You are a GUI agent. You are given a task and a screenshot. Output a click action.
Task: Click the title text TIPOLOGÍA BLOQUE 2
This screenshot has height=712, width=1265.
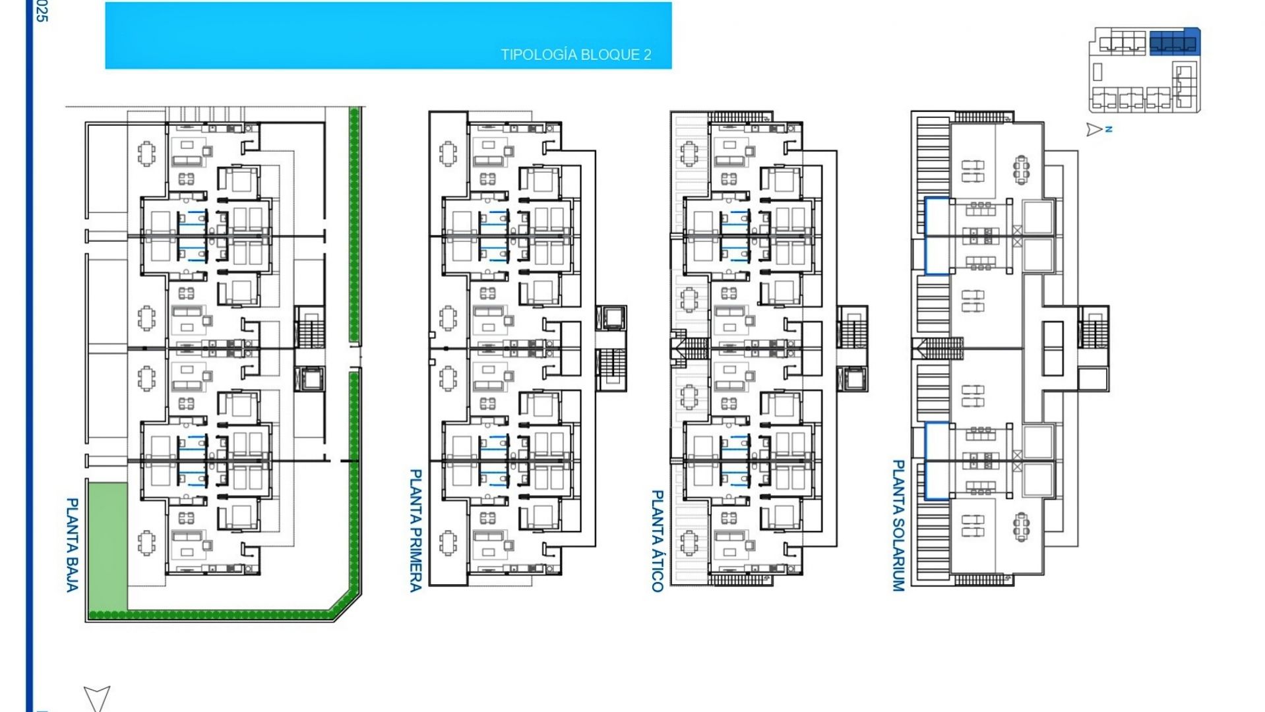pyautogui.click(x=575, y=55)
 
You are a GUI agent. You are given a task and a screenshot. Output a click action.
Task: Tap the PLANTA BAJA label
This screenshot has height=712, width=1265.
pyautogui.click(x=73, y=545)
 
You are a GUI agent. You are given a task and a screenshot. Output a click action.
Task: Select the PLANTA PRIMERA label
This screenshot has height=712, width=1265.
pyautogui.click(x=416, y=530)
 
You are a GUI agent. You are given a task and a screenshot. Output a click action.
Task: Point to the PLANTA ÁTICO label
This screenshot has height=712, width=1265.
pyautogui.click(x=657, y=541)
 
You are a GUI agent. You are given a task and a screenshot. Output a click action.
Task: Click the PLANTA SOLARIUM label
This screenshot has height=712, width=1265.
pyautogui.click(x=898, y=525)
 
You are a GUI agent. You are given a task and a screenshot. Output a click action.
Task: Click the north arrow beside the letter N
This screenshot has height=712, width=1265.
pyautogui.click(x=1094, y=130)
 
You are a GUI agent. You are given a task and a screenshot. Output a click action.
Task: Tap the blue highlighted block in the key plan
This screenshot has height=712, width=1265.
pyautogui.click(x=1174, y=42)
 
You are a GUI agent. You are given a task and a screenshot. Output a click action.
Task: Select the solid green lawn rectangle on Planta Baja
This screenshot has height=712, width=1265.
pyautogui.click(x=108, y=546)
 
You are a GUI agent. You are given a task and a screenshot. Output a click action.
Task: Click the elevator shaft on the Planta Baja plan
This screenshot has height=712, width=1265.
pyautogui.click(x=309, y=379)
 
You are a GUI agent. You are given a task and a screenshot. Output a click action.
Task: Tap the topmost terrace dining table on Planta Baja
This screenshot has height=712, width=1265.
pyautogui.click(x=146, y=154)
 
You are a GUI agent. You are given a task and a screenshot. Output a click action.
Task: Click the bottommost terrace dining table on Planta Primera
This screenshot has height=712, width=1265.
pyautogui.click(x=448, y=543)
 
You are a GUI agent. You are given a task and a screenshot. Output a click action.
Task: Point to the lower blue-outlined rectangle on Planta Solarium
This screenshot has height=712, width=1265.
pyautogui.click(x=937, y=460)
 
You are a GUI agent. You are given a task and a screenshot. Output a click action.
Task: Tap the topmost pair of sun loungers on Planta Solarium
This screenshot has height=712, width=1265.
pyautogui.click(x=972, y=171)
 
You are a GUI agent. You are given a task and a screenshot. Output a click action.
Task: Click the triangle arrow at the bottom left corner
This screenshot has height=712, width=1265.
pyautogui.click(x=96, y=697)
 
